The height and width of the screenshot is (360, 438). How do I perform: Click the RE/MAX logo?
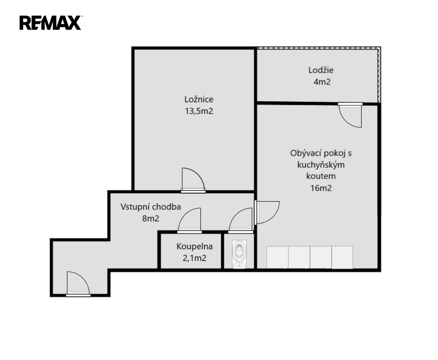pyautogui.click(x=50, y=23)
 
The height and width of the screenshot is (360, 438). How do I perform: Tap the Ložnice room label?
pyautogui.click(x=199, y=100)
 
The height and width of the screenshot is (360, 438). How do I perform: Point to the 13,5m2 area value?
pyautogui.click(x=199, y=111)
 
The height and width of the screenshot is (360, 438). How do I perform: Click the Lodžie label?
pyautogui.click(x=321, y=70)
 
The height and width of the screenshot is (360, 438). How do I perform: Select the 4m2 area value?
pyautogui.click(x=322, y=82)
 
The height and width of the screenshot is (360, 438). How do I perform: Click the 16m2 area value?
pyautogui.click(x=321, y=188)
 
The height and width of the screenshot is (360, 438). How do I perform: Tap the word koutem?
pyautogui.click(x=321, y=176)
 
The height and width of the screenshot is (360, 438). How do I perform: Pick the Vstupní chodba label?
pyautogui.click(x=151, y=207)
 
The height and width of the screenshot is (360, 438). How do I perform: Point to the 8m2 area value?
pyautogui.click(x=151, y=218)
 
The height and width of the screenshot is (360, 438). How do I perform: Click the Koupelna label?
pyautogui.click(x=195, y=246)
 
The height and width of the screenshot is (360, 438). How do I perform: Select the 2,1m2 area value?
pyautogui.click(x=195, y=258)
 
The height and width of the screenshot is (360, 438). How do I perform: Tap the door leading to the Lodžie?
pyautogui.click(x=350, y=115)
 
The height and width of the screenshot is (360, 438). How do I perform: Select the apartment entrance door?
pyautogui.click(x=78, y=283)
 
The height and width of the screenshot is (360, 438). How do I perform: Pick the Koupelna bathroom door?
pyautogui.click(x=189, y=221)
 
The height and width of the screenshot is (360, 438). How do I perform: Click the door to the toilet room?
pyautogui.click(x=240, y=221)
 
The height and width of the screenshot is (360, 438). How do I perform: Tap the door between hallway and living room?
pyautogui.click(x=267, y=212)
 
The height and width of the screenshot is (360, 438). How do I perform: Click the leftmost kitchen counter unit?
pyautogui.click(x=277, y=257)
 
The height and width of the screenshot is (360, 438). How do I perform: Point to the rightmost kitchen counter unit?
pyautogui.click(x=343, y=257)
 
